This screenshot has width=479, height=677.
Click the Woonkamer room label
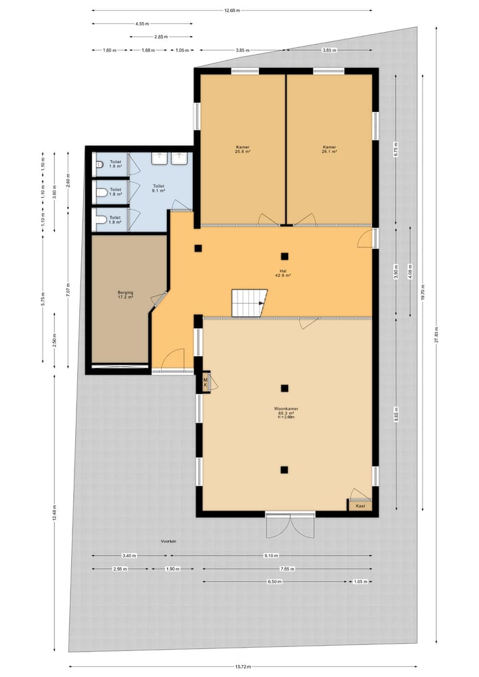285,408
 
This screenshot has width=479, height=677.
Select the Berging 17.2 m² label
125,294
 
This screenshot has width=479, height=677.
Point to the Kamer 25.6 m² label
242,149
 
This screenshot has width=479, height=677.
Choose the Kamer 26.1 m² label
329,149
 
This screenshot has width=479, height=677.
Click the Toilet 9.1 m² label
158,188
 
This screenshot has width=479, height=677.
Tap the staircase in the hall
249,304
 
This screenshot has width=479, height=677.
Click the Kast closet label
360,506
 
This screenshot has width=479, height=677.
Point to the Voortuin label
168,541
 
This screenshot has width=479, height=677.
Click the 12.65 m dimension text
232,11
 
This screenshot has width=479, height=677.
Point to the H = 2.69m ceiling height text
285,417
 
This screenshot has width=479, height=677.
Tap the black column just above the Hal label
284,256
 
